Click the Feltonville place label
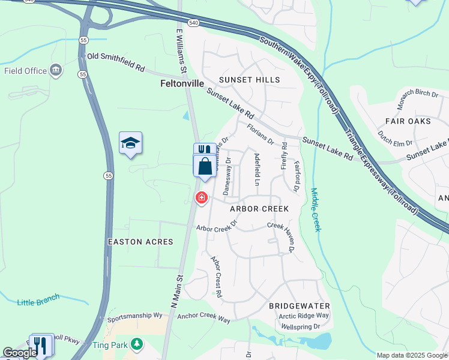click(183, 84)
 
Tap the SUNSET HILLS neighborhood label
click(249, 80)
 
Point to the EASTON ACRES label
click(140, 242)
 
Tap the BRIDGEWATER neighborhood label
click(300, 306)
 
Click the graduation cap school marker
click(130, 143)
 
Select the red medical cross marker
click(202, 197)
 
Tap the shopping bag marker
click(205, 166)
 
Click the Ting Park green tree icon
click(137, 344)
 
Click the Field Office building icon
click(56, 71)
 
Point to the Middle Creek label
click(316, 210)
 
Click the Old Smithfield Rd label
click(116, 62)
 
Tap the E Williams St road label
click(180, 43)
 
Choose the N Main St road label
click(176, 291)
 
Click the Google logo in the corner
click(20, 353)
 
